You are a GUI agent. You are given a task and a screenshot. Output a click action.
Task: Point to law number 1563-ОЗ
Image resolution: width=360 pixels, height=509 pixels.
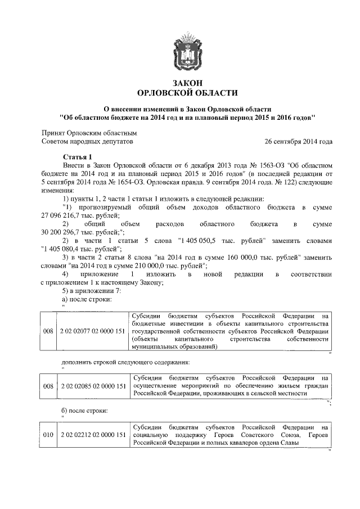click(269, 166)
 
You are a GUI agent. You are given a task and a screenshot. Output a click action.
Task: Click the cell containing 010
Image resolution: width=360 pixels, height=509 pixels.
click(48, 435)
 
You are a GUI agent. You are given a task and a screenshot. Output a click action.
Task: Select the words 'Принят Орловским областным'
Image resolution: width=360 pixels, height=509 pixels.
click(89, 133)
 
